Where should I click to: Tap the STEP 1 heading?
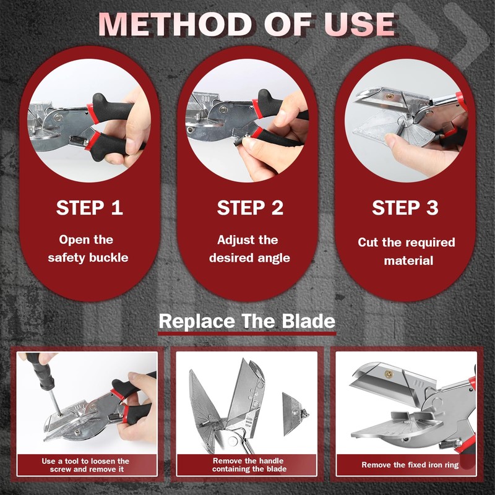point(90,208)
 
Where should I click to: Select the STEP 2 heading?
point(250,208)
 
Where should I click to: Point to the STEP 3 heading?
point(406,208)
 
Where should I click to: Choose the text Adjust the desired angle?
point(249,248)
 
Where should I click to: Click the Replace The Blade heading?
point(247,322)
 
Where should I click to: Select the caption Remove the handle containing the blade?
point(247,465)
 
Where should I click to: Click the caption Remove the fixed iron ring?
point(410,465)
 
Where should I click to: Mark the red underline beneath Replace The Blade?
point(247,334)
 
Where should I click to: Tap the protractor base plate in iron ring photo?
point(396,427)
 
